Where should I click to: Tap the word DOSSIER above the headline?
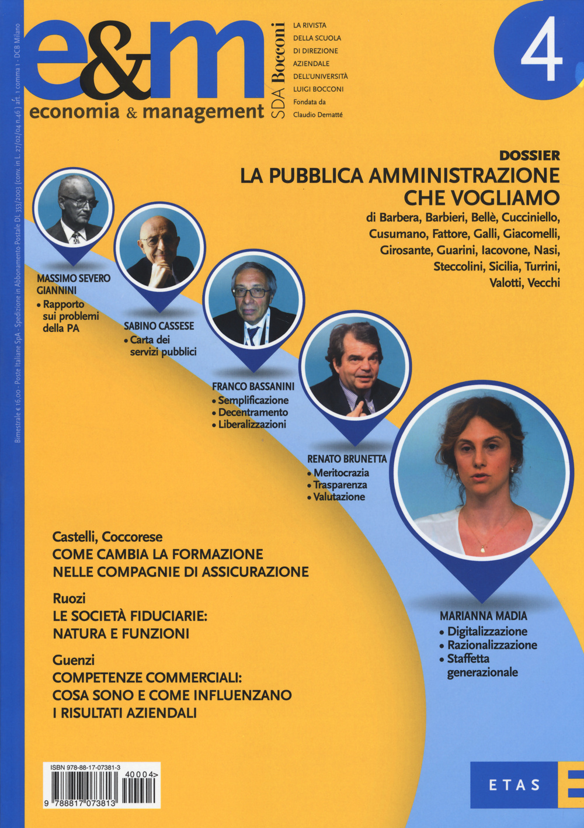530,155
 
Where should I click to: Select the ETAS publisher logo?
515,785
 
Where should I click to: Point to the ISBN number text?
86,768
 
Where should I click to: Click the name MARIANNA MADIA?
483,616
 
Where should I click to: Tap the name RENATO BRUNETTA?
347,459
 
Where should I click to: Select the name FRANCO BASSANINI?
253,386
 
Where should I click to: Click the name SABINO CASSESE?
159,326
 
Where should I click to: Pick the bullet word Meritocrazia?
341,473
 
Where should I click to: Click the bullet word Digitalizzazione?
487,631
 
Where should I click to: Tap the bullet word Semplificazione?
253,400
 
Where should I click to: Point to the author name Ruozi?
69,598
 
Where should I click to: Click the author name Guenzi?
74,660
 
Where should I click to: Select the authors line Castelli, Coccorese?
107,536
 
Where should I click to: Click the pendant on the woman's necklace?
483,549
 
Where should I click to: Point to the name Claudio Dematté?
318,115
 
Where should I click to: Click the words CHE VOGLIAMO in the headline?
482,198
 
